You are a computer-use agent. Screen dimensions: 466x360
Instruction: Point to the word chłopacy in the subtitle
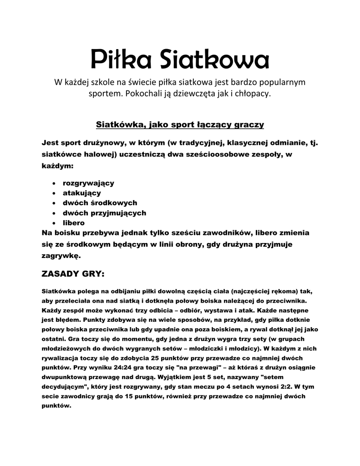point(255,94)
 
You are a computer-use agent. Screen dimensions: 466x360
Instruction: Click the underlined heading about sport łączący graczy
point(180,124)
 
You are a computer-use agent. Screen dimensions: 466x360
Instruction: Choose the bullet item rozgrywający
point(88,183)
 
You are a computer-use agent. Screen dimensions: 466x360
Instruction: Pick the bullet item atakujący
point(82,193)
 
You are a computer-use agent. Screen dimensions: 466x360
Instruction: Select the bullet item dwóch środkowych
point(100,203)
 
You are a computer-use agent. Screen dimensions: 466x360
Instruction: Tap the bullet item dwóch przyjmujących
point(104,213)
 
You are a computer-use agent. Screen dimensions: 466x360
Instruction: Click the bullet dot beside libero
point(55,223)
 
